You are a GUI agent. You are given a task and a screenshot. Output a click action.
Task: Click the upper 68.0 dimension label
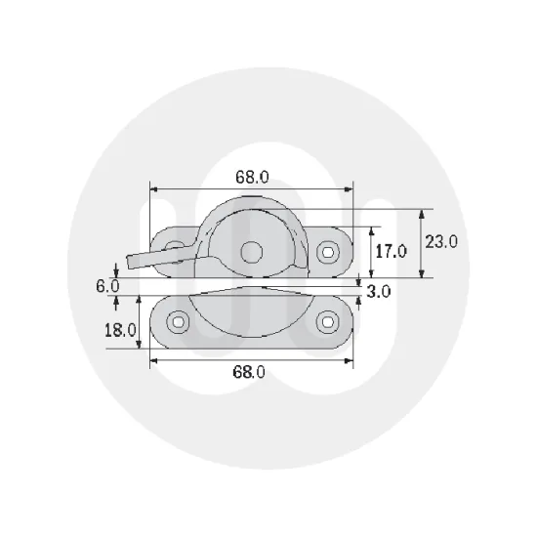(252, 177)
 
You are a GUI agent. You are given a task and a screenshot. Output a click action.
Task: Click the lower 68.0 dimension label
(250, 371)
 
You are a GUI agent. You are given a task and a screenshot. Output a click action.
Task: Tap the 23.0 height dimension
(441, 242)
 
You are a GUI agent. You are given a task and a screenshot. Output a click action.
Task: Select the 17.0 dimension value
(391, 251)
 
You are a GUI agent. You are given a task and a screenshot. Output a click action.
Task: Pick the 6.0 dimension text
(107, 286)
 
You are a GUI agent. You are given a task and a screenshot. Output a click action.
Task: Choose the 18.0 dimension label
(119, 329)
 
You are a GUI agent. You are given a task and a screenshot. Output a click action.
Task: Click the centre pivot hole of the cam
(253, 251)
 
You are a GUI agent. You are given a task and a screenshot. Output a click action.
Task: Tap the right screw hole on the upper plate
(329, 251)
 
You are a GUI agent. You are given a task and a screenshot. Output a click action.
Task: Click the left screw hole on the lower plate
(177, 320)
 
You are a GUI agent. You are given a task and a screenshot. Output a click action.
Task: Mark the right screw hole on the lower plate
(329, 320)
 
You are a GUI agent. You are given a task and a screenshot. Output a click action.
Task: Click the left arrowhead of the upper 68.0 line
(153, 187)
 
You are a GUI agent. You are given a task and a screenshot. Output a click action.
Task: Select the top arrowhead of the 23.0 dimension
(422, 212)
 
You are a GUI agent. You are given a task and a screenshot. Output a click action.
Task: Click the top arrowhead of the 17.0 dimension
(373, 230)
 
